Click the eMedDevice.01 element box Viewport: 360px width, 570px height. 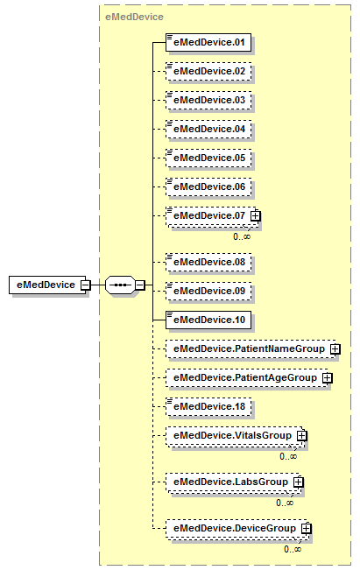tap(208, 43)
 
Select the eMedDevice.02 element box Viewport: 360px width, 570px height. tap(208, 71)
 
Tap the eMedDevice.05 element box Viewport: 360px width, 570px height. tap(208, 158)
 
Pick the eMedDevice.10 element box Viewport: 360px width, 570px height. tap(208, 320)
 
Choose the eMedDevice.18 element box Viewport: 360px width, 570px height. tap(208, 407)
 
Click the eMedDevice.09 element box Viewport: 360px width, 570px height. tap(208, 292)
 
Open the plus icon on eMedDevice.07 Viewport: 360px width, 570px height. tap(256, 216)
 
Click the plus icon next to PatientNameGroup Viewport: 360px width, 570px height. tap(335, 349)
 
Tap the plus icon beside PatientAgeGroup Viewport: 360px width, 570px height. tap(328, 378)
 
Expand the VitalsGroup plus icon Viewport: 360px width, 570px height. tap(302, 436)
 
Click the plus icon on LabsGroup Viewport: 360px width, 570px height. tap(298, 482)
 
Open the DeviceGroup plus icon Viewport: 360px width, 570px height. tap(307, 529)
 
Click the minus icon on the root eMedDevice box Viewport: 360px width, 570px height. tap(86, 285)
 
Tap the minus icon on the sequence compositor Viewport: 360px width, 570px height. tap(140, 285)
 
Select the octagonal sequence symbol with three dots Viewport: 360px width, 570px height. tap(120, 285)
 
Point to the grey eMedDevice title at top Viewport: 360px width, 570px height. tap(134, 18)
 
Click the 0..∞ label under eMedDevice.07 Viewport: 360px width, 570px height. tap(242, 236)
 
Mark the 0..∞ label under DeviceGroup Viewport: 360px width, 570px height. tap(293, 549)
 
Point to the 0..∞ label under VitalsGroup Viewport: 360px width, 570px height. tap(288, 456)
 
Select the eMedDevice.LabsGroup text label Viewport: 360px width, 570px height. tap(230, 482)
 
